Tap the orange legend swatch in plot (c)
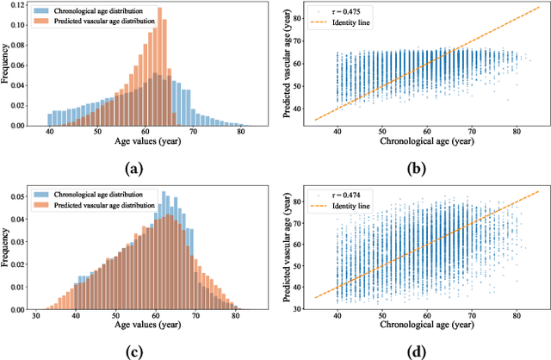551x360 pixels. [45, 204]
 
